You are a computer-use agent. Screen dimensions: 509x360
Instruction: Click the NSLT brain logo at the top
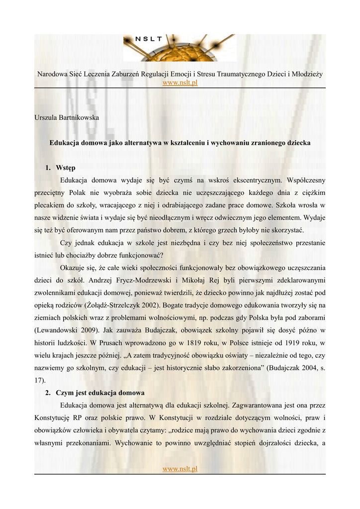[180, 48]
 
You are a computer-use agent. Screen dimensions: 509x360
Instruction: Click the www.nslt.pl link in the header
[180, 83]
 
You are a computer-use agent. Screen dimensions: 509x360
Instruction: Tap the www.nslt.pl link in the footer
[180, 469]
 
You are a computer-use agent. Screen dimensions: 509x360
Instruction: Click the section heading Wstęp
[66, 168]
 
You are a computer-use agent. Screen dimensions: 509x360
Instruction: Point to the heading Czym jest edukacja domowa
[100, 392]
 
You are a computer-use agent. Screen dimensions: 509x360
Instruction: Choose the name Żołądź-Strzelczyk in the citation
[115, 305]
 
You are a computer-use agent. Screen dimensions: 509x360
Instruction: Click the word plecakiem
[50, 205]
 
